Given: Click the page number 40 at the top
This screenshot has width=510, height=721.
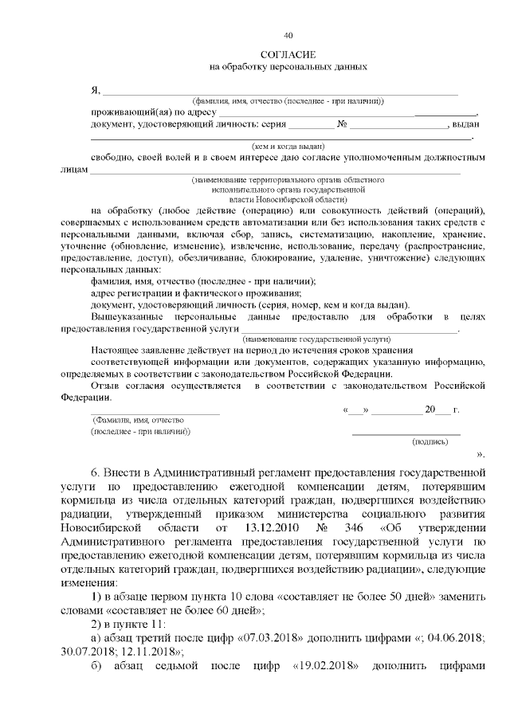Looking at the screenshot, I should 288,35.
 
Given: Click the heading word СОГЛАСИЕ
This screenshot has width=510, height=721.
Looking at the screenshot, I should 288,53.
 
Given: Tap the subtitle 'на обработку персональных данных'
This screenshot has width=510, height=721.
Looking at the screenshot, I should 288,67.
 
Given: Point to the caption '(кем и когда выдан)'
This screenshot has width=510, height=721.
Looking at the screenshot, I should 288,147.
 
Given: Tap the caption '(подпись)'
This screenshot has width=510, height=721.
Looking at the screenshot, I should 428,440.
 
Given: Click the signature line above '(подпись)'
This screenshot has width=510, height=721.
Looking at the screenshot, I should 406,432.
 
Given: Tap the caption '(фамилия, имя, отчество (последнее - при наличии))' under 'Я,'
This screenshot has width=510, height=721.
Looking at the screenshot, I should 288,100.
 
